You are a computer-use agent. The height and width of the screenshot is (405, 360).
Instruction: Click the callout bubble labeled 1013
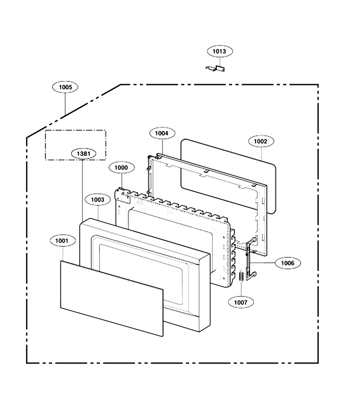coord(220,51)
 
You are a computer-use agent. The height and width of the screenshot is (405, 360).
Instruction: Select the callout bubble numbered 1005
coord(65,87)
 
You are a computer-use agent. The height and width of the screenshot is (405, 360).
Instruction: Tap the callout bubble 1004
coord(162,133)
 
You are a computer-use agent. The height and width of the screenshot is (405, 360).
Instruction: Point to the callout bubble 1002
coord(261,141)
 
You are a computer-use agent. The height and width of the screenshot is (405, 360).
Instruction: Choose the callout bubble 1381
coord(84,154)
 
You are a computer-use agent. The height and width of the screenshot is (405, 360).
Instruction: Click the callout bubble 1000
coord(121,168)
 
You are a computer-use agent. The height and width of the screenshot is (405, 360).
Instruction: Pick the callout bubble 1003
coord(98,200)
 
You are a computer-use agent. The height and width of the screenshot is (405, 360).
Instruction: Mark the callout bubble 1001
coord(63,241)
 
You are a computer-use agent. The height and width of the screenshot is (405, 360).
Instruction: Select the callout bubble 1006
coord(288,263)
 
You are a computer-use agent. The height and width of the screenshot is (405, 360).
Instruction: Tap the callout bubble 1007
coord(241,302)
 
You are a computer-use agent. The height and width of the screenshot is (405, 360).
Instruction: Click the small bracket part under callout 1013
coord(215,68)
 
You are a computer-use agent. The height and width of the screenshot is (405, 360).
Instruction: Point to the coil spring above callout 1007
coord(241,276)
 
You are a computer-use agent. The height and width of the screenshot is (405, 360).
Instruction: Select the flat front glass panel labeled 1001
coord(112,298)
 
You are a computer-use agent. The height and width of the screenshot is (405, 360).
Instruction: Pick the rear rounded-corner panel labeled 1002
coord(228,176)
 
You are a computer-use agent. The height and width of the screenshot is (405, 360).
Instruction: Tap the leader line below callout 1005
coord(65,104)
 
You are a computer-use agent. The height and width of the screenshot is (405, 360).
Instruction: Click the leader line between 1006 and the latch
coord(262,263)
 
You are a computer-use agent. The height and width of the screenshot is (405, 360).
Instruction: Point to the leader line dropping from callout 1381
coord(82,191)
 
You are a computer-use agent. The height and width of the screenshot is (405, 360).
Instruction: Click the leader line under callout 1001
coord(63,254)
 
